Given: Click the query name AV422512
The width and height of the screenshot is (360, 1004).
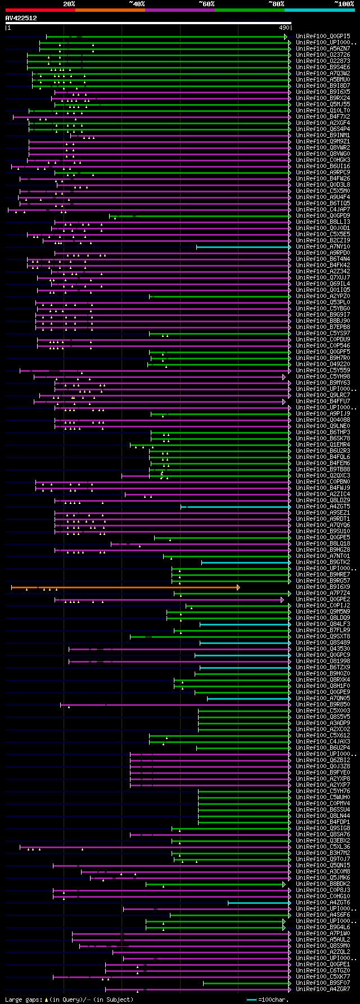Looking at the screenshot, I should click(21, 18).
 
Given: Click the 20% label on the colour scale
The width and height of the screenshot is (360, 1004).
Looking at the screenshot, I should click(69, 4).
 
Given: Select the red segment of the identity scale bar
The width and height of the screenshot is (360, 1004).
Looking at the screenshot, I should click(40, 10).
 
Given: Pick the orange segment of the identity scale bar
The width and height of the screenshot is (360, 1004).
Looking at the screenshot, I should click(110, 10).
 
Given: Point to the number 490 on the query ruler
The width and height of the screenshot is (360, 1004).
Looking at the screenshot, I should click(284, 28).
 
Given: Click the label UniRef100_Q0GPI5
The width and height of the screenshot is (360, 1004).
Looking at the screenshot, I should click(323, 37).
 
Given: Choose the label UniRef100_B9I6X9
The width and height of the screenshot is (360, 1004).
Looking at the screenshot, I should click(323, 587).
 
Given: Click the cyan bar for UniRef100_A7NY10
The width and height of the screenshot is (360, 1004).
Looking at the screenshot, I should click(243, 247).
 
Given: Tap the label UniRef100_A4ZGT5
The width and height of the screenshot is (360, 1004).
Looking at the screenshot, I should click(323, 507).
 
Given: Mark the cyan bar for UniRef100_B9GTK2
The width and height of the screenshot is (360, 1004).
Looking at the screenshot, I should click(246, 562).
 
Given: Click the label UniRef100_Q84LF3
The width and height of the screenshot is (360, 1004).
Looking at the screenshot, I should click(323, 624).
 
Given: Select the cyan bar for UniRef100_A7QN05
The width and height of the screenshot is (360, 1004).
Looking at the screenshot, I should click(249, 699).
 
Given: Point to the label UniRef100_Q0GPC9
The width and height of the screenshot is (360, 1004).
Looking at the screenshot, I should click(323, 655).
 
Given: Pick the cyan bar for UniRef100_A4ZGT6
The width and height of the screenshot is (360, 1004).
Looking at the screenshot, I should click(259, 903).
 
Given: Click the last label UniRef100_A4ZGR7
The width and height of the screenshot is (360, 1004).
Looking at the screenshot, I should click(323, 989).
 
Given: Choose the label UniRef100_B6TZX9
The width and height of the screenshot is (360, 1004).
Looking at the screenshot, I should click(323, 668).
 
